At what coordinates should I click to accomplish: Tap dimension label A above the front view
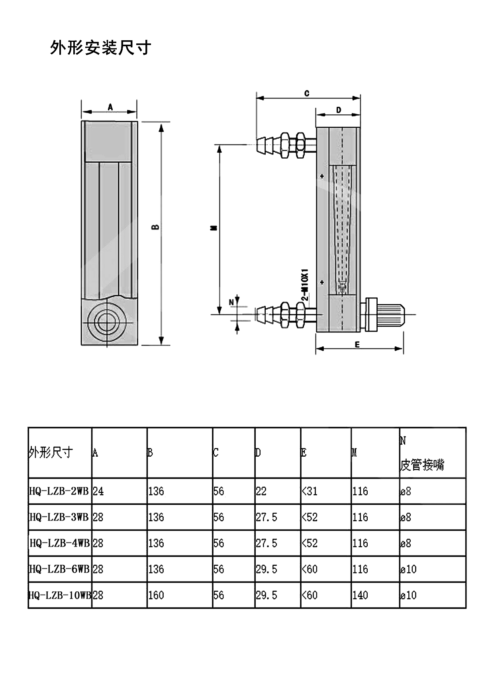click(x=110, y=107)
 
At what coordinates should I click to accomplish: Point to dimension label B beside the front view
click(x=156, y=227)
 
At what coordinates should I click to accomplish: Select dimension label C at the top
click(x=307, y=93)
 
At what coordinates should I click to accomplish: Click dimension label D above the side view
click(x=339, y=110)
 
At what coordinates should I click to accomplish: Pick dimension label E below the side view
click(x=357, y=345)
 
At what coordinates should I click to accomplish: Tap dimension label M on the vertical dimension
click(x=214, y=228)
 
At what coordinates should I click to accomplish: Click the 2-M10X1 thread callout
click(x=305, y=285)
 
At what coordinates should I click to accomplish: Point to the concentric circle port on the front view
click(x=107, y=321)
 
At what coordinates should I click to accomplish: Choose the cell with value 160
click(x=156, y=595)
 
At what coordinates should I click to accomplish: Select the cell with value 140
click(x=360, y=595)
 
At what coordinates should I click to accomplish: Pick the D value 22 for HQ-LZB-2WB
click(x=261, y=491)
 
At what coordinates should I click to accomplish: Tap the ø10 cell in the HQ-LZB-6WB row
click(x=408, y=569)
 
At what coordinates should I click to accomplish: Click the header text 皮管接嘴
click(x=422, y=465)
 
